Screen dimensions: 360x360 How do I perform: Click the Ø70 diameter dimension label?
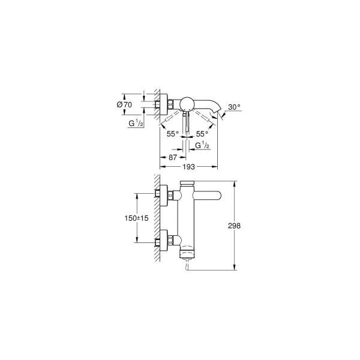124,104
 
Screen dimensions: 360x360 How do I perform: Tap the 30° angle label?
234,107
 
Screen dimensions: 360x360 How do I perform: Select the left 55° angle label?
173,134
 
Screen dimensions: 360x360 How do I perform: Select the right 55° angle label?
202,134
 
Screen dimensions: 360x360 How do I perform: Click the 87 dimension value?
173,157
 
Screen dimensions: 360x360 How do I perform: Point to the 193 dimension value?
189,167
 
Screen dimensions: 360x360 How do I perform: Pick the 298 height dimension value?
234,226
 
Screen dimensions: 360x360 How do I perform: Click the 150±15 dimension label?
136,218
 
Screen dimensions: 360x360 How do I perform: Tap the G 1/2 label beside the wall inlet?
136,123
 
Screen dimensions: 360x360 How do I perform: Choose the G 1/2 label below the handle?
202,145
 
